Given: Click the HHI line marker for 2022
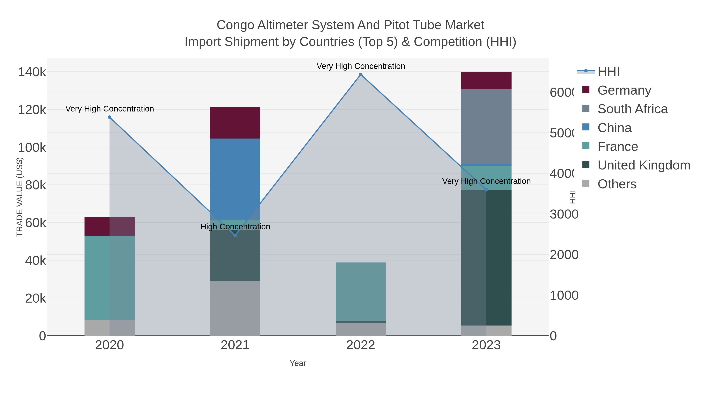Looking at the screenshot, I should coord(361,75).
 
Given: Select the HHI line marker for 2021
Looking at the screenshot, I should coord(235,235).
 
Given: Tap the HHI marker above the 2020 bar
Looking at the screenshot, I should coord(109,117).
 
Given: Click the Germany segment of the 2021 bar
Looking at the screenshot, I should coord(235,123).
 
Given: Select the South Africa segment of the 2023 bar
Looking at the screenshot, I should coord(486,127).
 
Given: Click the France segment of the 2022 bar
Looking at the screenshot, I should coord(361,291).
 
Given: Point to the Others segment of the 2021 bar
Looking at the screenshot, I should coord(235,308).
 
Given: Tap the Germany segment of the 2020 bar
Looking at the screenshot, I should coord(109,226).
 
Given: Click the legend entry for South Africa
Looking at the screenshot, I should coord(632,109).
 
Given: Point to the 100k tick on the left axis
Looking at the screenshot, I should coord(32,148).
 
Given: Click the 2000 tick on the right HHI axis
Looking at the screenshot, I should coord(564,255).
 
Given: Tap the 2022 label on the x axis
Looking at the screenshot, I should coord(361,345).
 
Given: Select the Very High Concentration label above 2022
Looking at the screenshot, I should coord(361,66).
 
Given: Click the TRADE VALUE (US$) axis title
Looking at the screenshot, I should coord(20,197).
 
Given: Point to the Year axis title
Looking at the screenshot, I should coord(298,363).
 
